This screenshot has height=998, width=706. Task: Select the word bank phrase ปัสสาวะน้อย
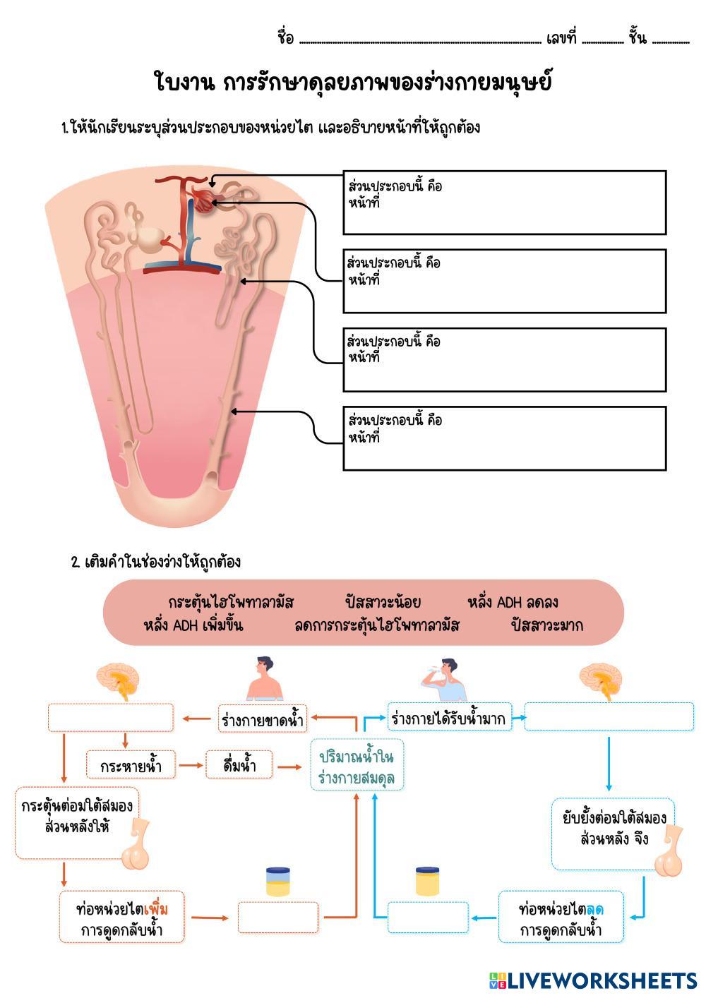click(383, 602)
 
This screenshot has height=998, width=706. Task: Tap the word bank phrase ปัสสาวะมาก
click(547, 625)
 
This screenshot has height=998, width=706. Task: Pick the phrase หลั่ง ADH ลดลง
click(513, 602)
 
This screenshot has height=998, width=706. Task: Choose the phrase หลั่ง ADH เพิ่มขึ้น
click(193, 625)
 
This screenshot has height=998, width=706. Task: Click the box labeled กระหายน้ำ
click(131, 766)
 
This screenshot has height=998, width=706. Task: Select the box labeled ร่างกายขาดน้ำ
click(262, 720)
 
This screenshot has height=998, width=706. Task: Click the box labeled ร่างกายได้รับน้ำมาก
click(448, 719)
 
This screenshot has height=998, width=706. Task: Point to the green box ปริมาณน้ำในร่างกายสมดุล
click(356, 768)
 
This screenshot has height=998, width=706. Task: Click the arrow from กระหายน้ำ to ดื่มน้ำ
click(189, 765)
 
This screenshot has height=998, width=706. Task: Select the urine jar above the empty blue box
click(427, 882)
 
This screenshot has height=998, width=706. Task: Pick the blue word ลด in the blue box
click(594, 909)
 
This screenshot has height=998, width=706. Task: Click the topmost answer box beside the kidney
click(504, 203)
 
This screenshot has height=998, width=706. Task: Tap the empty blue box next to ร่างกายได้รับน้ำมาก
click(609, 716)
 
